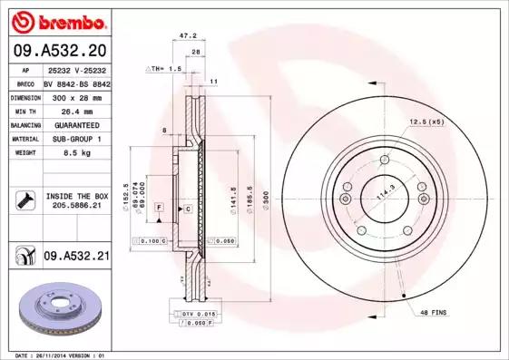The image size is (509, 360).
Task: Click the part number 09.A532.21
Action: point(75,258)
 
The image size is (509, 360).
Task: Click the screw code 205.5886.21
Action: point(75,205)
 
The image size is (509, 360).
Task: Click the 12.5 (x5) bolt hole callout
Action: point(426,121)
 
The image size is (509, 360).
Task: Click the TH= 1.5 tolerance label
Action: point(166,69)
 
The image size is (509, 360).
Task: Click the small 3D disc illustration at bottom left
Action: point(55,311)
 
